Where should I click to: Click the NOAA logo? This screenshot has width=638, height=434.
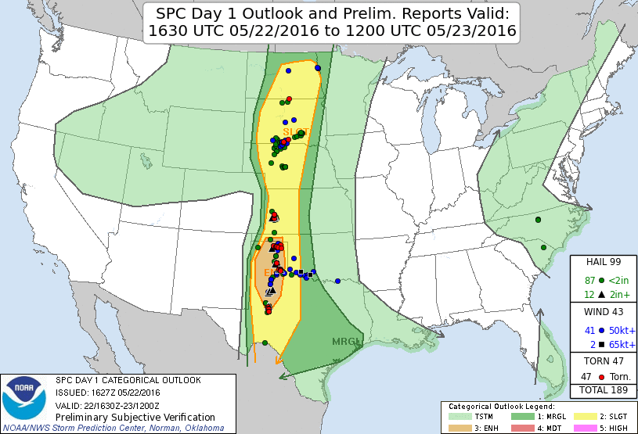pos(24,396)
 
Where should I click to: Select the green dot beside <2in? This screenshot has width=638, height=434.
pos(600,280)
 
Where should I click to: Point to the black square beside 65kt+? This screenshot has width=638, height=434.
pos(600,344)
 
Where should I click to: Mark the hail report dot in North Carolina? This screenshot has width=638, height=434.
pos(539,220)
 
